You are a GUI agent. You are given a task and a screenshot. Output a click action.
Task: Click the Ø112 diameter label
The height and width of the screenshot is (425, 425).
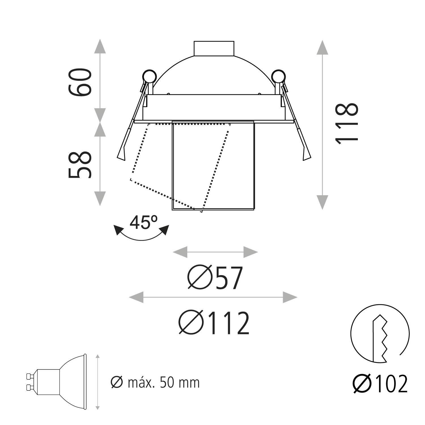[x=214, y=323]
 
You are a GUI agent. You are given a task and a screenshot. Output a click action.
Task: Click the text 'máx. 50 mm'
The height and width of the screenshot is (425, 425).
[x=164, y=382]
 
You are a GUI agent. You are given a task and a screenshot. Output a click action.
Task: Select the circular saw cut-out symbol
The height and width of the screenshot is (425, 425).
[x=380, y=333]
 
